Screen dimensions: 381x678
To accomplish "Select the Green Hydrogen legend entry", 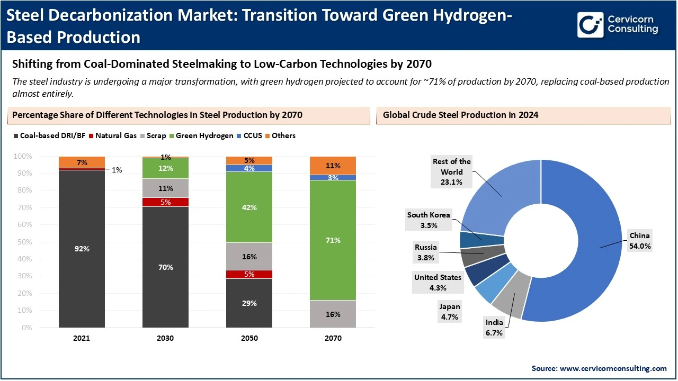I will point(204,135).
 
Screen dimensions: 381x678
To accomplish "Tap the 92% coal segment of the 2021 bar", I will point(82,249).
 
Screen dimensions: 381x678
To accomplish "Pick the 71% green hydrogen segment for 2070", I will point(333,240).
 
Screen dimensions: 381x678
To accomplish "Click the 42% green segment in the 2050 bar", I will point(249,207).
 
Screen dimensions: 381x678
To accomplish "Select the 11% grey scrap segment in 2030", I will point(166,188).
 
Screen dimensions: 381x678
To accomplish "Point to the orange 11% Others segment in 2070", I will point(333,166).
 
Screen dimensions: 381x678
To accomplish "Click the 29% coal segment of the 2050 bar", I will point(249,303).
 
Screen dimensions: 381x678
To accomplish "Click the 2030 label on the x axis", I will point(166,338).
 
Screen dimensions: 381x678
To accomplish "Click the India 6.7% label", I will point(494,328).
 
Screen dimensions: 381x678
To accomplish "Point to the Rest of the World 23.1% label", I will point(451,171).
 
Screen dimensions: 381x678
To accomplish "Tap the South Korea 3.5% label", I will point(429,220).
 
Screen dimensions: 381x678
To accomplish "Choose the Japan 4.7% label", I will point(449,312).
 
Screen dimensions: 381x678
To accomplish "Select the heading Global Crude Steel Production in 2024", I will point(460,115).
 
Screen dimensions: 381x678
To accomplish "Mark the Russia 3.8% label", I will point(425,252).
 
